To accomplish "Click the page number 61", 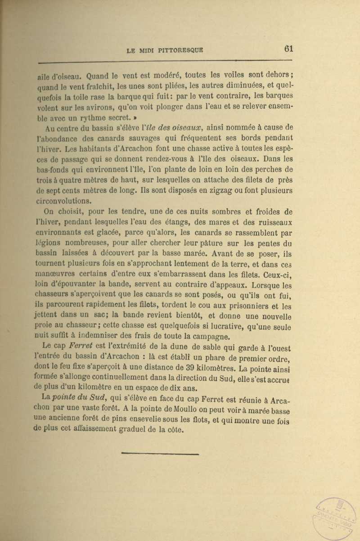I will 288,49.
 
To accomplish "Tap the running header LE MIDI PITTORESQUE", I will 165,51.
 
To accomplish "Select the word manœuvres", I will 54,273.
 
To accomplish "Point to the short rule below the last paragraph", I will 160,453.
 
